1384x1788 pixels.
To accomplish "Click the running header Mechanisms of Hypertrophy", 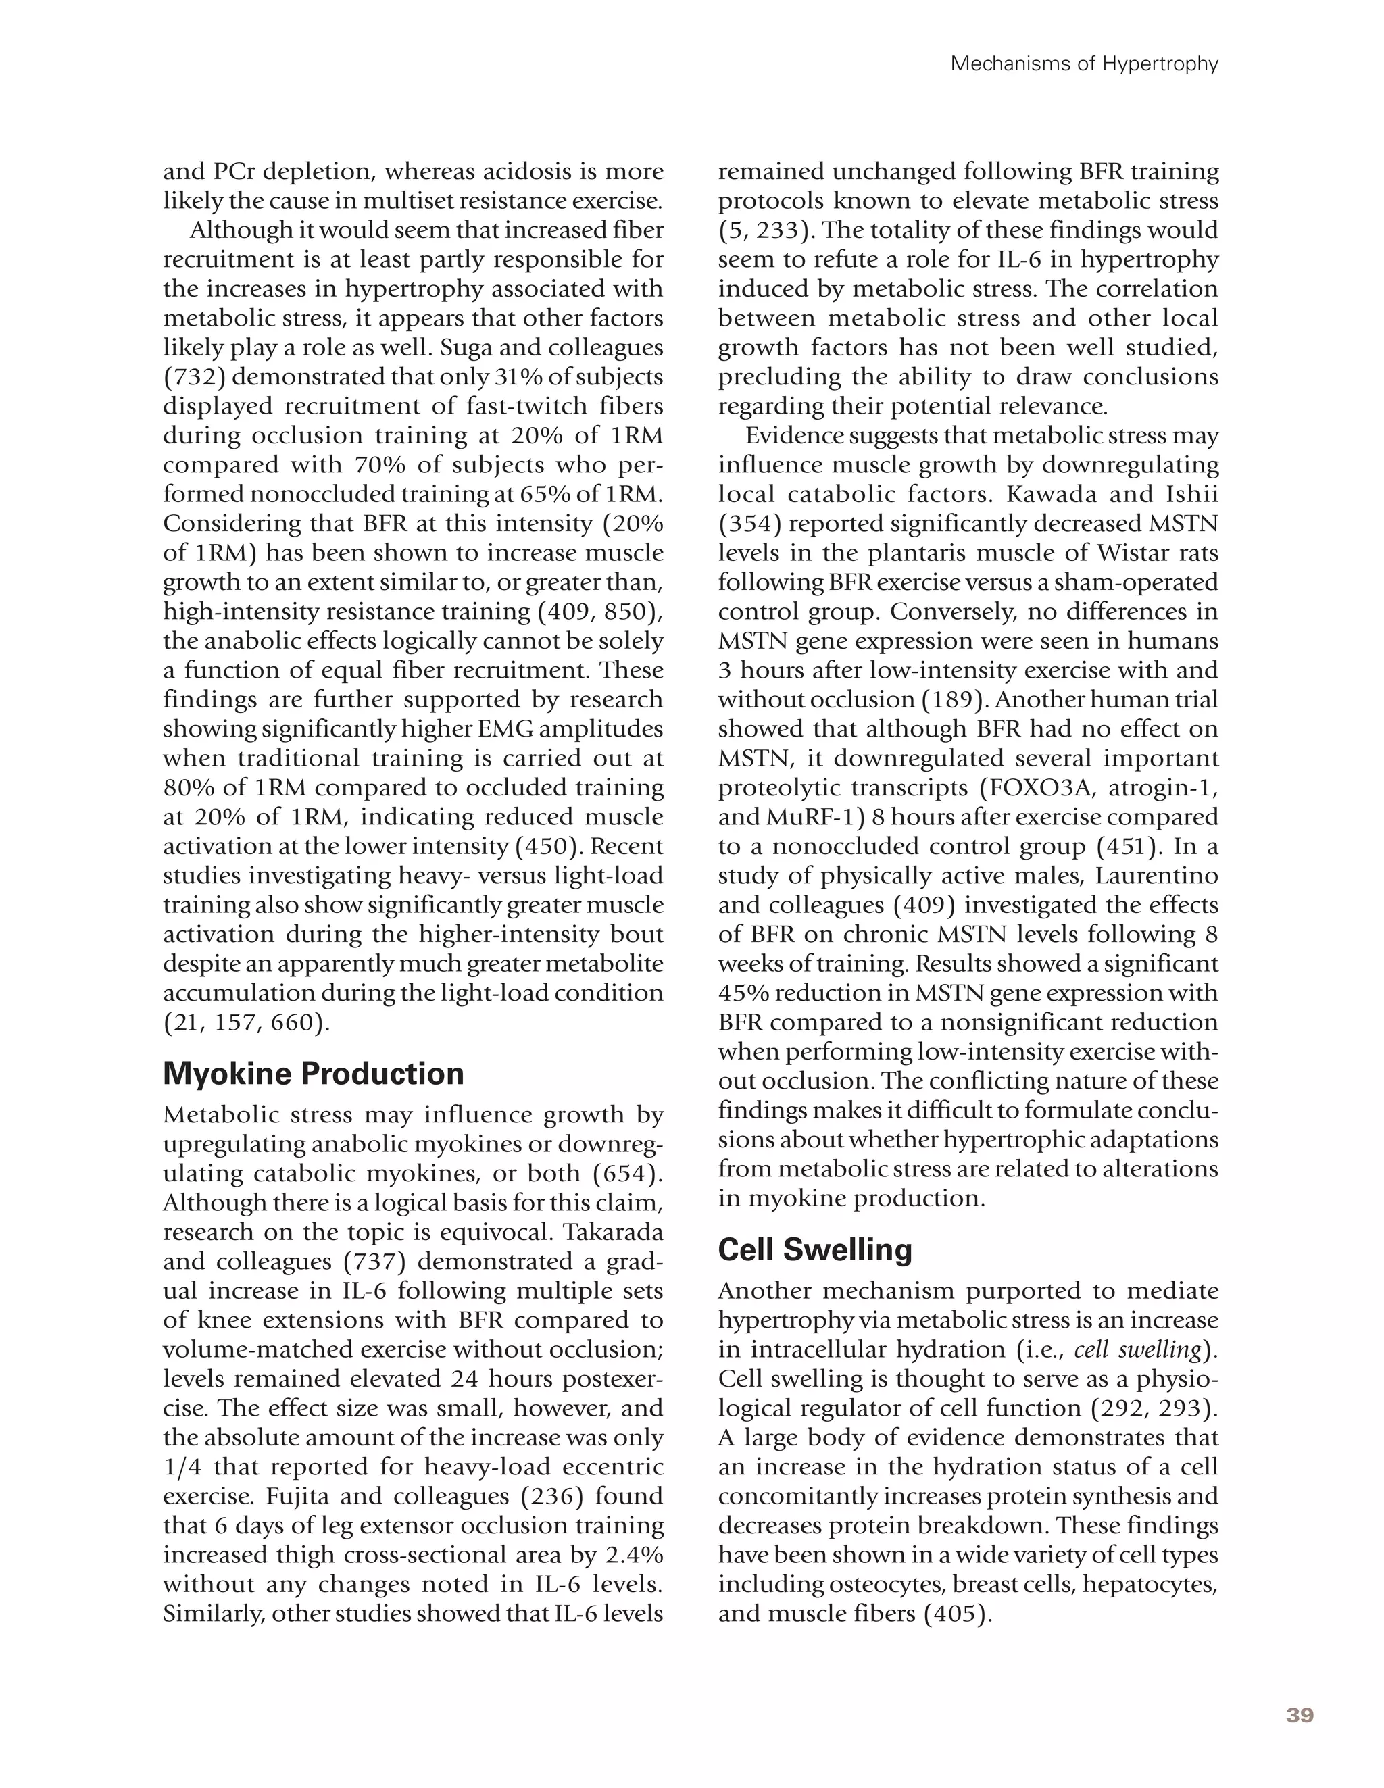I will point(1084,64).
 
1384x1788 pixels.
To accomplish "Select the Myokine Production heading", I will point(313,1072).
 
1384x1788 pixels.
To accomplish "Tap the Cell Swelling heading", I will point(814,1249).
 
